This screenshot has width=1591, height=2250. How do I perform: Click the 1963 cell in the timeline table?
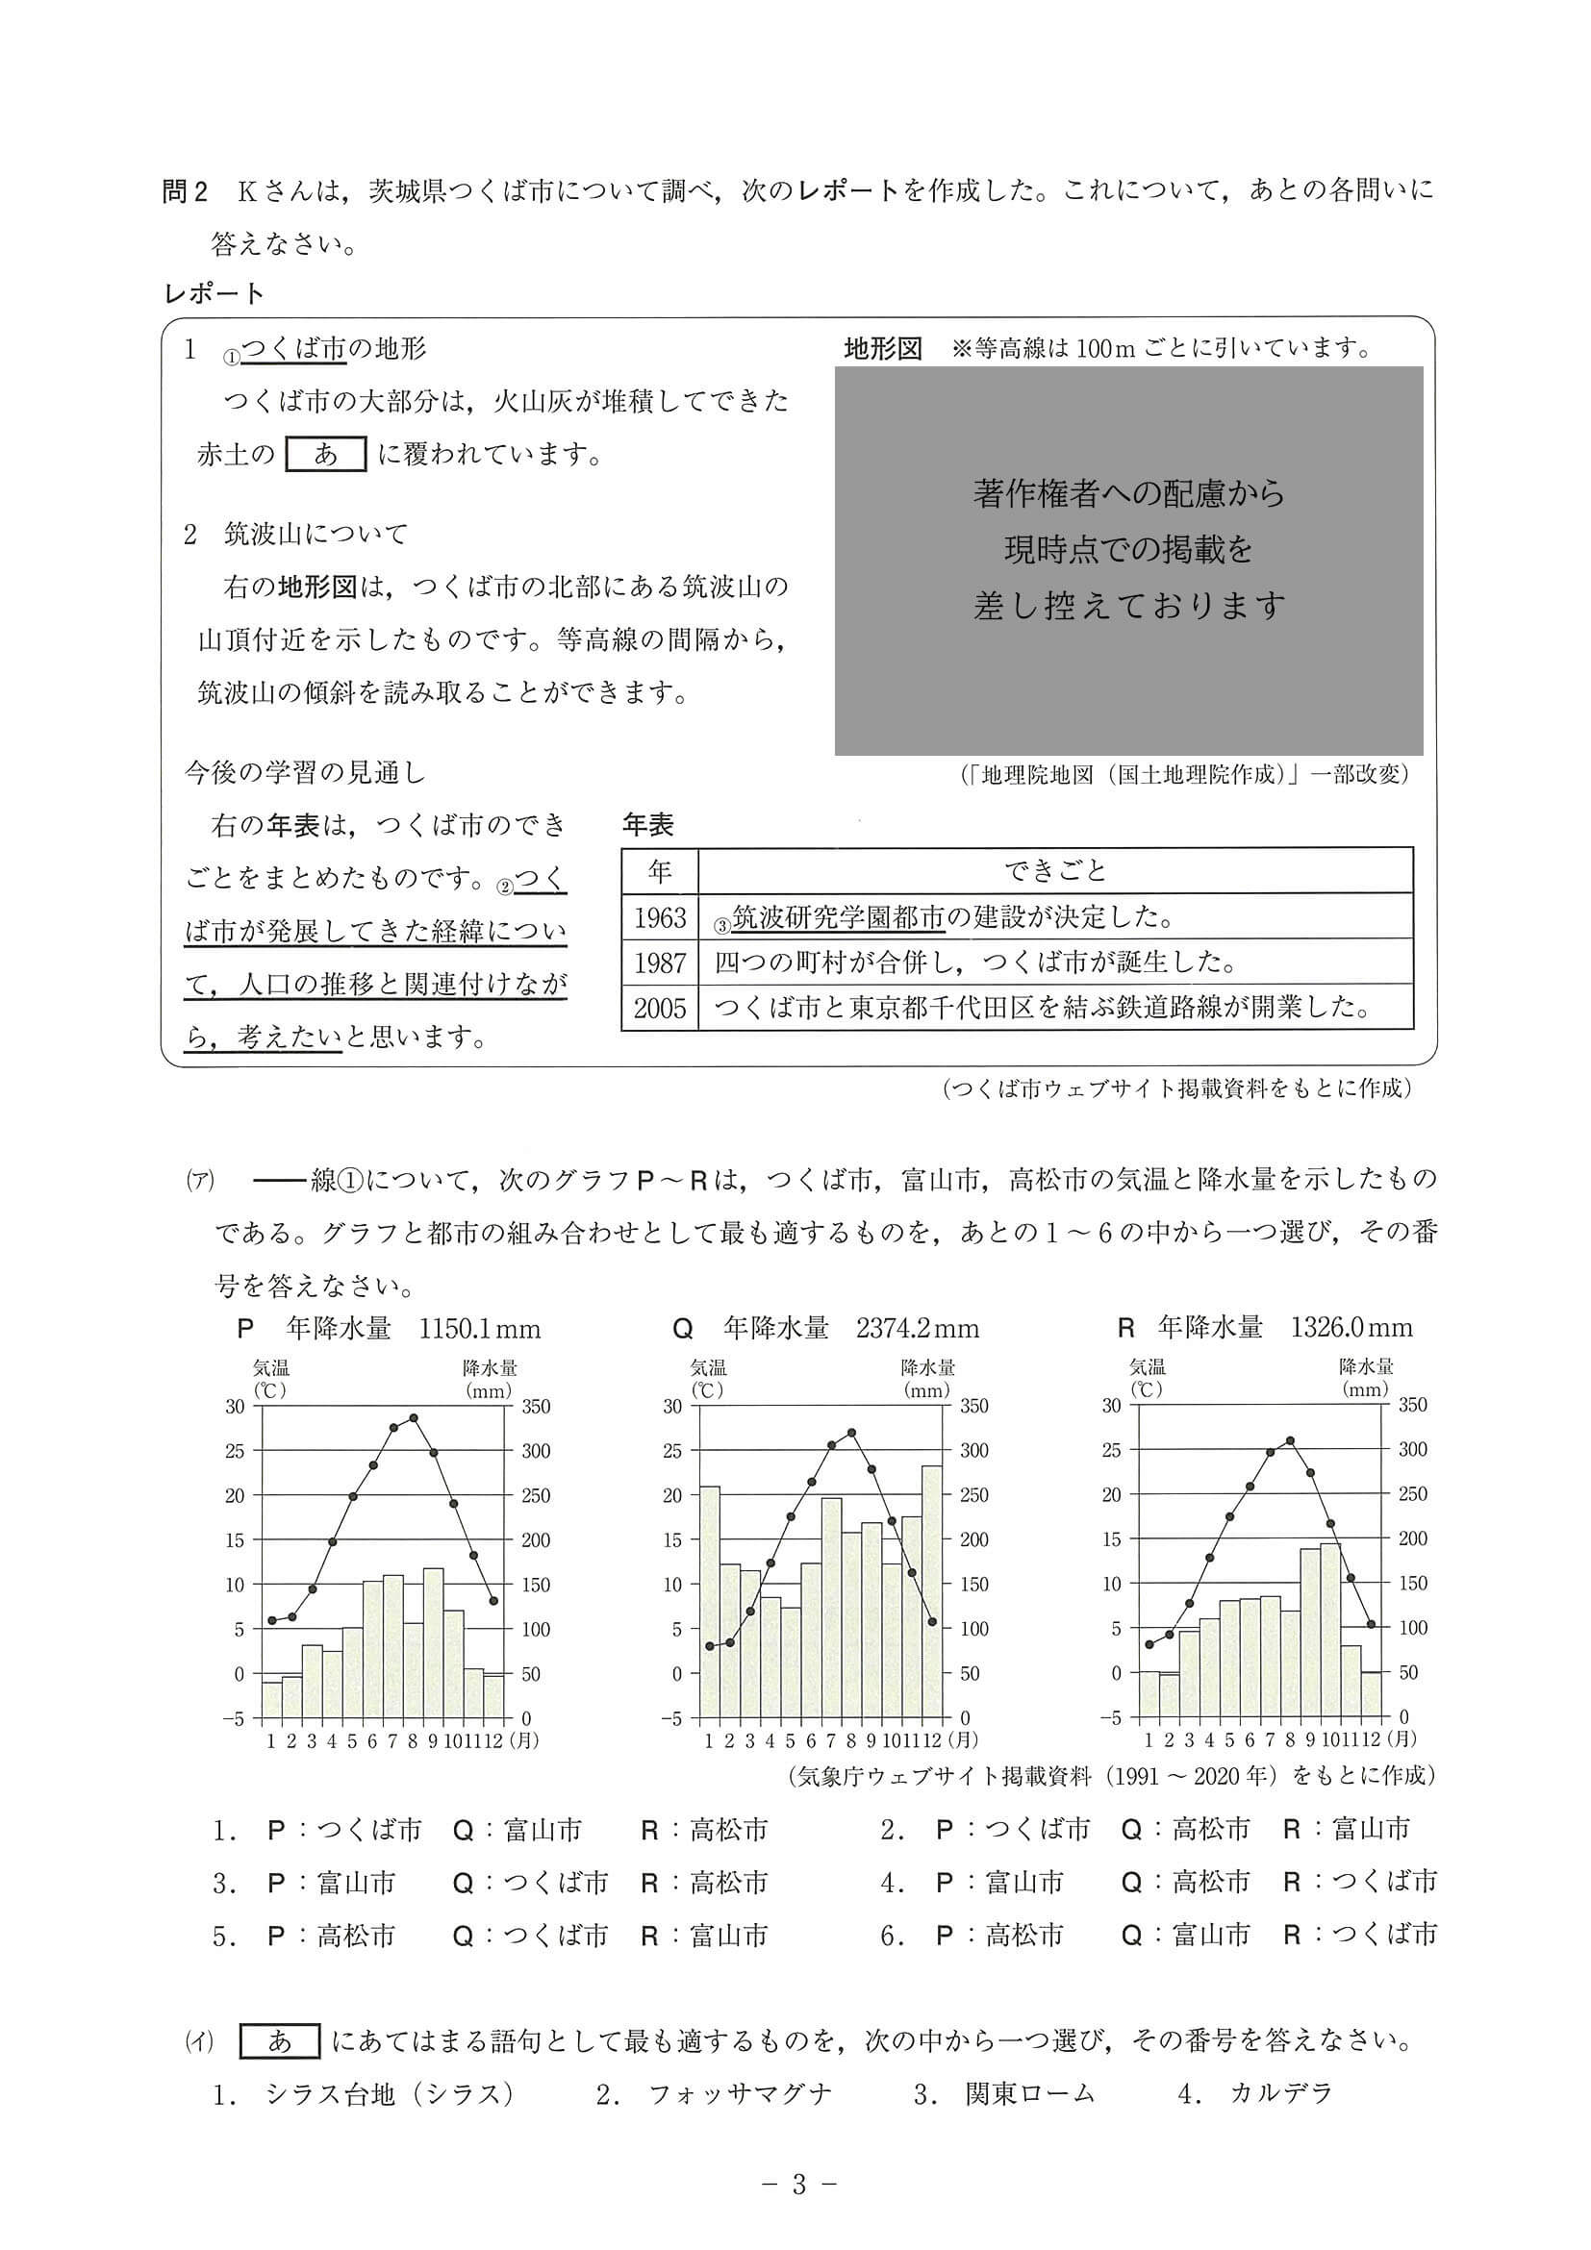[660, 917]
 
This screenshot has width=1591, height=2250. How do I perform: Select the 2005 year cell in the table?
[660, 1008]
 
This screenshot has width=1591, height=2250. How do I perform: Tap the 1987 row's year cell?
[660, 962]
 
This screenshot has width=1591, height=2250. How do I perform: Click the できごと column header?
[1055, 870]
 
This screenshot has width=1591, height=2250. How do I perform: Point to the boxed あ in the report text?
[325, 454]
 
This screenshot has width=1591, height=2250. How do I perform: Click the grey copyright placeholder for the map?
[1128, 561]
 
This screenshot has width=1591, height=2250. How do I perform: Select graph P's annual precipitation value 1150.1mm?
[479, 1329]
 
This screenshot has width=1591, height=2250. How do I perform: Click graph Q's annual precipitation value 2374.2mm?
[917, 1329]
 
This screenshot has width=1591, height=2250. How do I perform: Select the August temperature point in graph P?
[414, 1417]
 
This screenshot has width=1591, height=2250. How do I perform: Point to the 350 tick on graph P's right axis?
[535, 1406]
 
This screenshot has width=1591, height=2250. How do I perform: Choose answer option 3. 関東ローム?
[1004, 2094]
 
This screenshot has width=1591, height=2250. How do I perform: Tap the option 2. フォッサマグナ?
[714, 2094]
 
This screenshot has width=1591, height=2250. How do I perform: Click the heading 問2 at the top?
[186, 191]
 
